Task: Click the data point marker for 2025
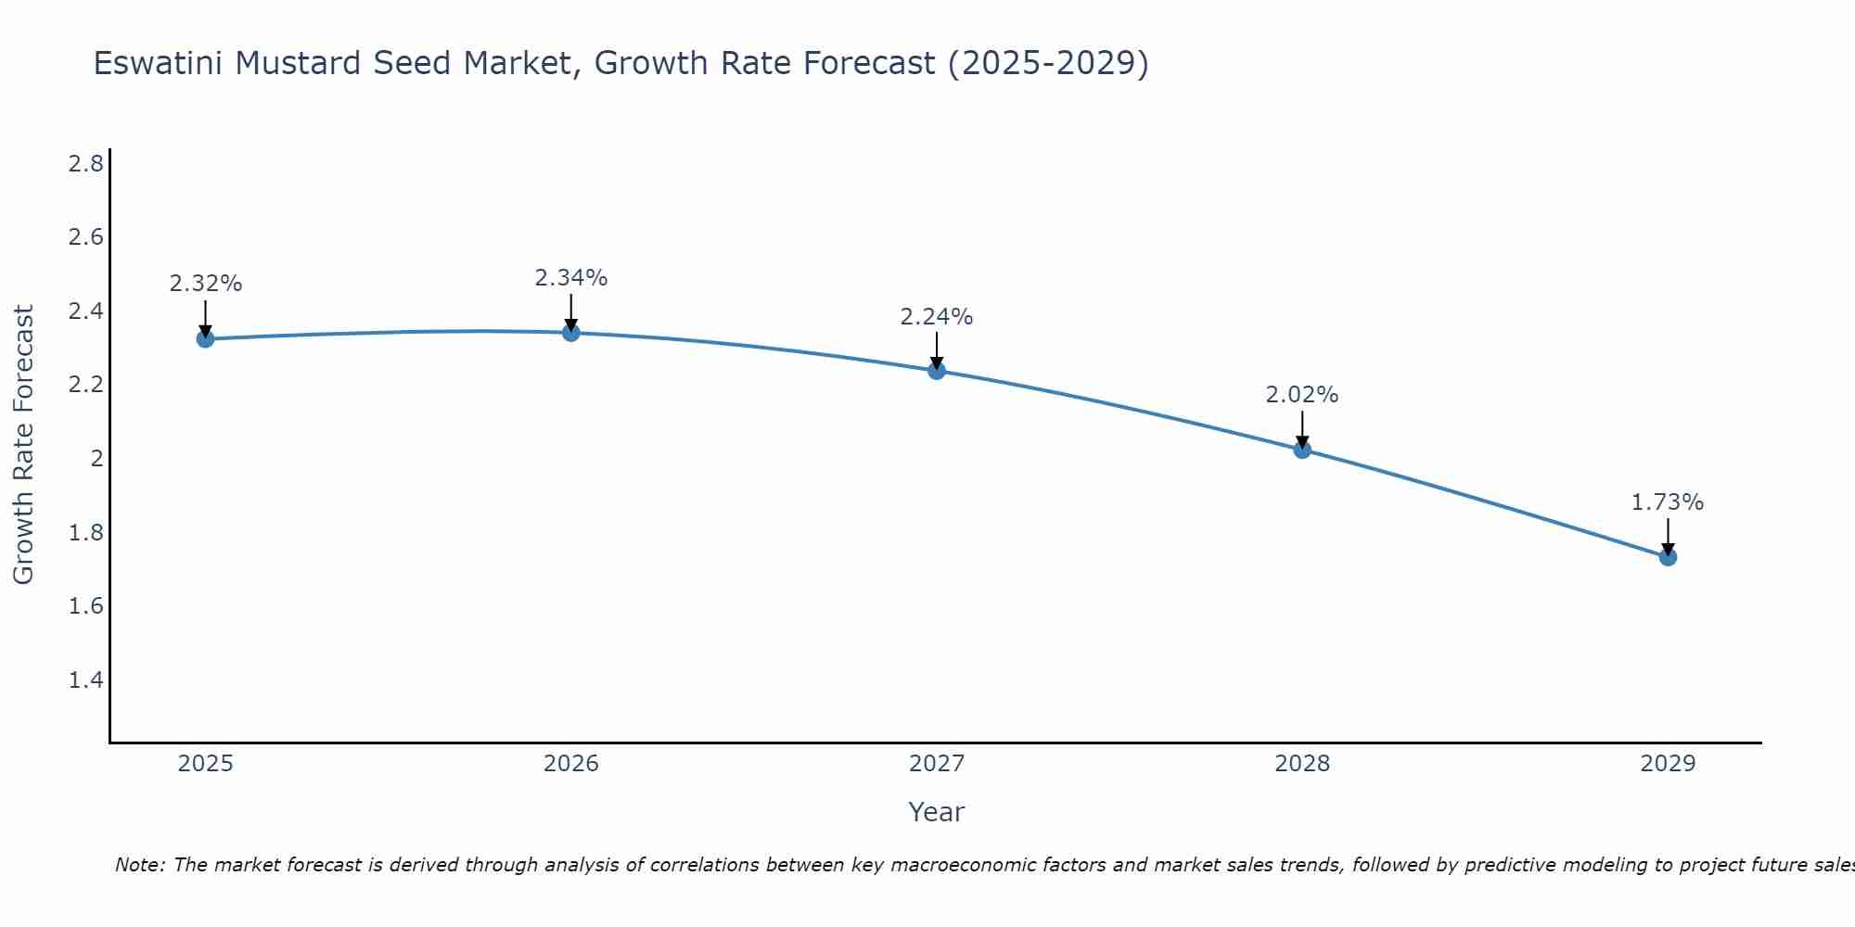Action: (206, 339)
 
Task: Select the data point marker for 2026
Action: (571, 332)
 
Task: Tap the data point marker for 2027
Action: (937, 371)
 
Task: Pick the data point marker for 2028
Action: (1302, 450)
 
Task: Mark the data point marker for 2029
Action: (1668, 557)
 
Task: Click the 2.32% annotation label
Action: (206, 284)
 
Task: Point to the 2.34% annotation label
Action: (571, 277)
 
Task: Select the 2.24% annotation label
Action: (937, 317)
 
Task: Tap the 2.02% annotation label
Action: (1302, 395)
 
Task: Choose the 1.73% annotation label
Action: (1668, 502)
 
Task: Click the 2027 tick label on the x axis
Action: (937, 764)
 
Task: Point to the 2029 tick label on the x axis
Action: (1668, 764)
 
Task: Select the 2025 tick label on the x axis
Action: (206, 764)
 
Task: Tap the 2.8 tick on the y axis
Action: (85, 164)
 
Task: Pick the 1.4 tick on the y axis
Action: (85, 680)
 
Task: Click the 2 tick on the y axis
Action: (96, 459)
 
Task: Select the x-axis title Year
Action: (937, 812)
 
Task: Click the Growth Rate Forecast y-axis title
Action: (23, 445)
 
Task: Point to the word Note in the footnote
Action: (139, 865)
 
